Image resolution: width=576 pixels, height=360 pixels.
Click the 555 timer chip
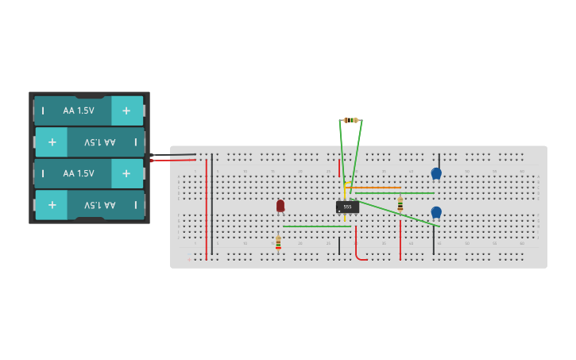point(347,207)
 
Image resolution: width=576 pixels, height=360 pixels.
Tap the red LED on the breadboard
point(280,205)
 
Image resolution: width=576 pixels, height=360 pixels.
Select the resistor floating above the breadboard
point(350,120)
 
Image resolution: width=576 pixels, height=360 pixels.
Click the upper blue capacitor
point(436,172)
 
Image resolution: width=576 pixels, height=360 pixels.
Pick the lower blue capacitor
point(436,211)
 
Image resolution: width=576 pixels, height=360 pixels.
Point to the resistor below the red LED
point(278,242)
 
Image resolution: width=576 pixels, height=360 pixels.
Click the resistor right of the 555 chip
point(400,203)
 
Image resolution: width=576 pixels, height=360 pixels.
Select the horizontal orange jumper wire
point(373,188)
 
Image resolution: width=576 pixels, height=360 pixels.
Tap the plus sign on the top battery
point(126,110)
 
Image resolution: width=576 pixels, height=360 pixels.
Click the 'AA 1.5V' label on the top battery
point(79,110)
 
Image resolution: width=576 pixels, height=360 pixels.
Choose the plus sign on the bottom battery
point(52,204)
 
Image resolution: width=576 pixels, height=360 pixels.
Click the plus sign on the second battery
point(52,142)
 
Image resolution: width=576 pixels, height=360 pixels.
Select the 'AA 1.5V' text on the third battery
point(79,173)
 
